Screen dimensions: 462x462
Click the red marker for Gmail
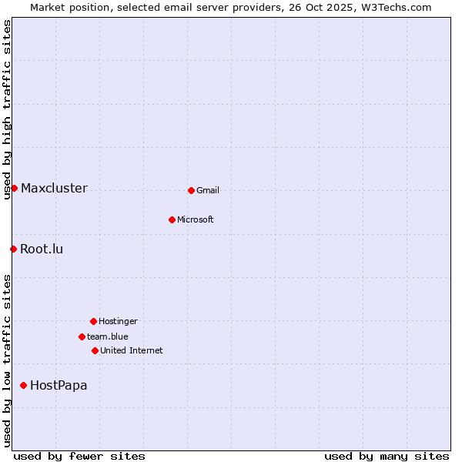coord(191,190)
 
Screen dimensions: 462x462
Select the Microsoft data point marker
coord(172,219)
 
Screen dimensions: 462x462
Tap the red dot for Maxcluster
coord(14,188)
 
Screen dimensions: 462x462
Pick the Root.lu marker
coord(13,249)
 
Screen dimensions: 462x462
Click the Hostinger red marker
coord(93,321)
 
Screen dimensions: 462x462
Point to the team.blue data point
coord(82,336)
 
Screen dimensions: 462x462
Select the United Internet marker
coord(95,350)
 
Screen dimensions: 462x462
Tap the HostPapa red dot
coord(23,385)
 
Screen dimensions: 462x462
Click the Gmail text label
coord(208,191)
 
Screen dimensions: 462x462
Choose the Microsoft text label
coord(196,220)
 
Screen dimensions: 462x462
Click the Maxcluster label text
coord(54,189)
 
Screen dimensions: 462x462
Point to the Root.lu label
coord(42,249)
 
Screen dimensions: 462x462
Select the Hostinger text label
coord(118,322)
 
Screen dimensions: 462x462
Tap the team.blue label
coord(108,337)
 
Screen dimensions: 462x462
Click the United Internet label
coord(132,351)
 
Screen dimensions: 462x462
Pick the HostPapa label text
coord(59,386)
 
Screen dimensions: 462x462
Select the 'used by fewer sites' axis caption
coord(79,456)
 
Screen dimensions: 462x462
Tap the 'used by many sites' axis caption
coord(387,456)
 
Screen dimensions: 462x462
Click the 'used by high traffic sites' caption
coord(7,109)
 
